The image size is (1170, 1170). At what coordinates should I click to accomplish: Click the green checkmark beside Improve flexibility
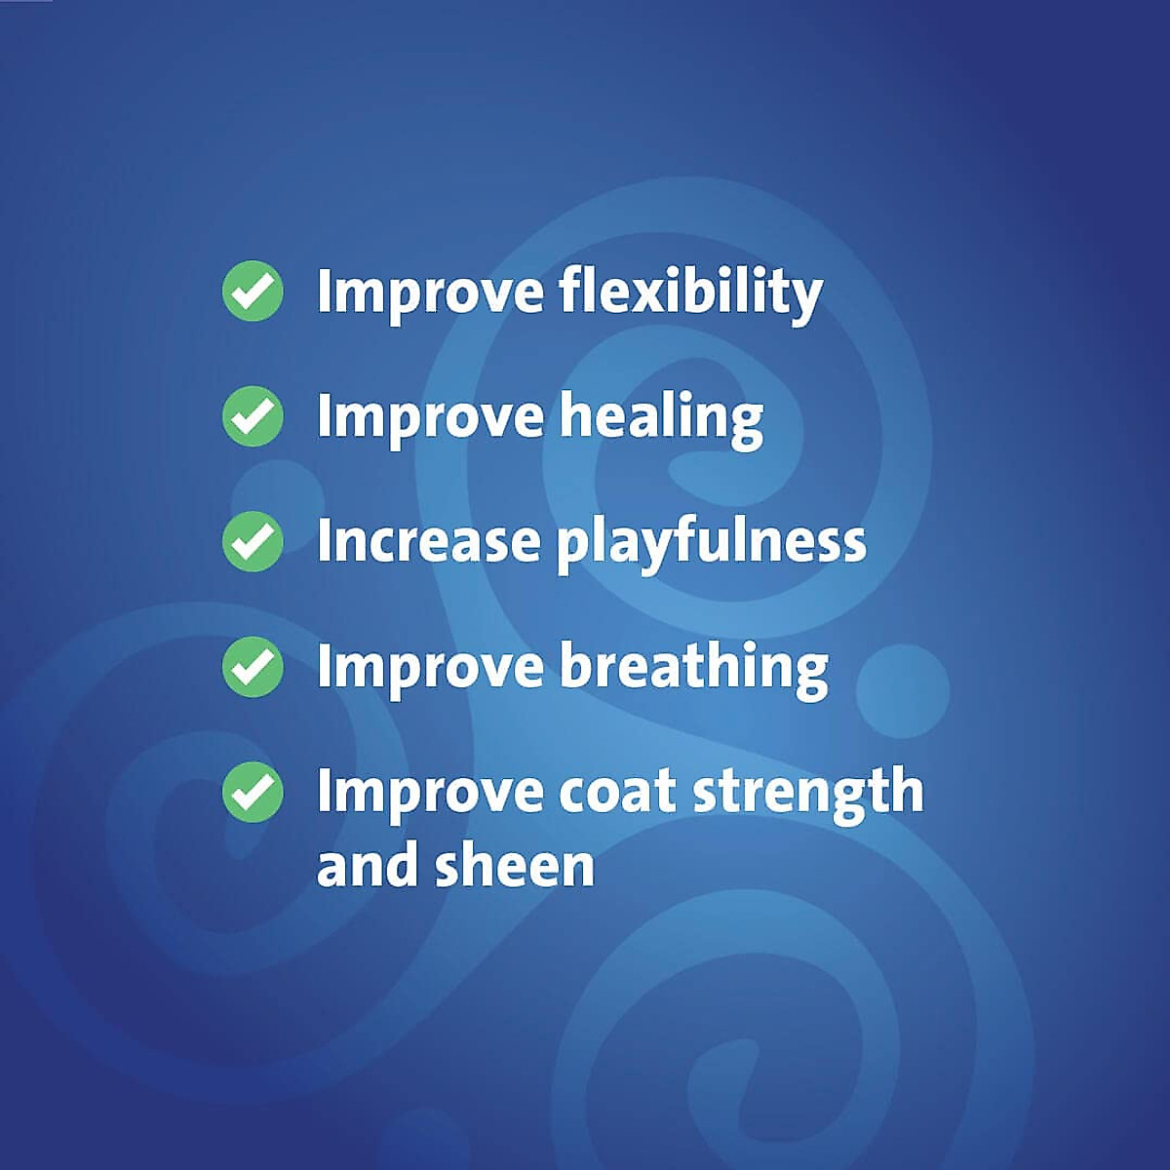click(x=253, y=291)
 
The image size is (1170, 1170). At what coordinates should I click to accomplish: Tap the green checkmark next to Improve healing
click(x=253, y=416)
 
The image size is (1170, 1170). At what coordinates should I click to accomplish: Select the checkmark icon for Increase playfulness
click(x=253, y=541)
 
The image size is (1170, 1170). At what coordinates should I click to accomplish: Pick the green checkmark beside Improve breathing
click(x=253, y=667)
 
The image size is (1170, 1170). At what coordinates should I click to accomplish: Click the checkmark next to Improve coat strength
click(x=253, y=792)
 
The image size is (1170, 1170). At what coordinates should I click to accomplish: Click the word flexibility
click(x=691, y=292)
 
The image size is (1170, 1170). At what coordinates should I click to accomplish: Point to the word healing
click(x=661, y=417)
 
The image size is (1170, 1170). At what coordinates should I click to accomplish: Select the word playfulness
click(x=712, y=542)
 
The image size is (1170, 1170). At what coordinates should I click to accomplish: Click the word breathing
click(x=694, y=668)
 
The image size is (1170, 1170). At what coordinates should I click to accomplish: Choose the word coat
click(x=617, y=792)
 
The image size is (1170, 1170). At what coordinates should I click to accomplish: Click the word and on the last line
click(x=369, y=866)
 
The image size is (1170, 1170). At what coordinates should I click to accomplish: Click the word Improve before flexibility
click(x=430, y=292)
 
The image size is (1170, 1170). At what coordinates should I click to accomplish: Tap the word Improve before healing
click(x=430, y=417)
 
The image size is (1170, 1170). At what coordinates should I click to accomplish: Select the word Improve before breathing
click(x=430, y=668)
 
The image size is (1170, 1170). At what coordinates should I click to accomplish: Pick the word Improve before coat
click(x=430, y=792)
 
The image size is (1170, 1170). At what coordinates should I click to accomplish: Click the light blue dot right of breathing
click(x=903, y=689)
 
